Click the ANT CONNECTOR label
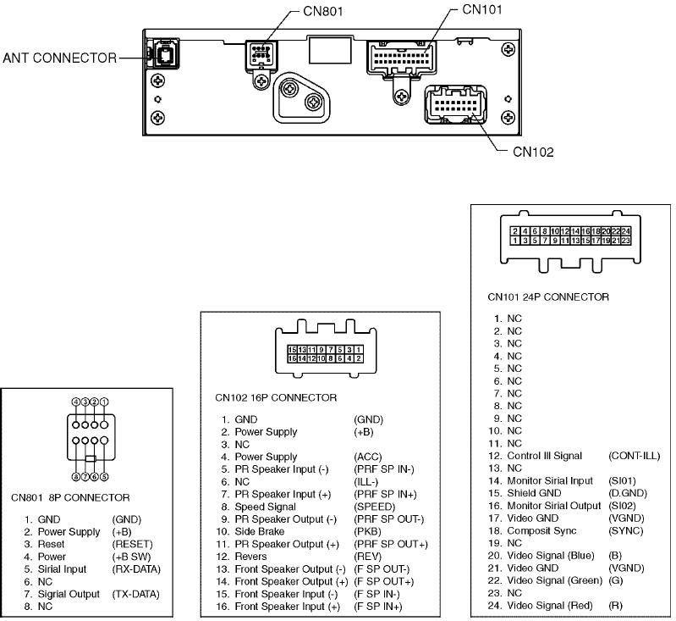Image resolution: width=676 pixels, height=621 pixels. pyautogui.click(x=59, y=58)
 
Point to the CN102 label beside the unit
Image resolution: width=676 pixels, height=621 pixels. pyautogui.click(x=533, y=152)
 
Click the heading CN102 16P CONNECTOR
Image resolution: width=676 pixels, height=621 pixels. pyautogui.click(x=275, y=397)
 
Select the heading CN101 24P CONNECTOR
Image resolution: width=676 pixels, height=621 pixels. pyautogui.click(x=548, y=297)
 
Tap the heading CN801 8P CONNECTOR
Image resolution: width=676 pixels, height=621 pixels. pyautogui.click(x=70, y=497)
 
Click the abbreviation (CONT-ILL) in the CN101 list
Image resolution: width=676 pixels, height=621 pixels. pyautogui.click(x=634, y=456)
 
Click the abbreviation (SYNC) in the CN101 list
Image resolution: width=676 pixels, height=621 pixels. pyautogui.click(x=625, y=530)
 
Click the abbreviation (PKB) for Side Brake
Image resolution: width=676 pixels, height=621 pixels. pyautogui.click(x=367, y=531)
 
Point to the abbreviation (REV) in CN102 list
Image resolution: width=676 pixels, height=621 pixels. pyautogui.click(x=367, y=556)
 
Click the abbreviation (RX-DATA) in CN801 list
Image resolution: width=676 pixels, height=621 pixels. pyautogui.click(x=135, y=569)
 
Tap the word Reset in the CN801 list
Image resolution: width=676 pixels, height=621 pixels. pyautogui.click(x=52, y=544)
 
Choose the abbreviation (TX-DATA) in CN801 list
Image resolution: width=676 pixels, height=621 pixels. pyautogui.click(x=135, y=594)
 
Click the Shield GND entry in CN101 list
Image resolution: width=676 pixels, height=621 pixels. pyautogui.click(x=534, y=493)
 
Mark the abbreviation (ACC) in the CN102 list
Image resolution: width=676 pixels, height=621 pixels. pyautogui.click(x=368, y=457)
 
